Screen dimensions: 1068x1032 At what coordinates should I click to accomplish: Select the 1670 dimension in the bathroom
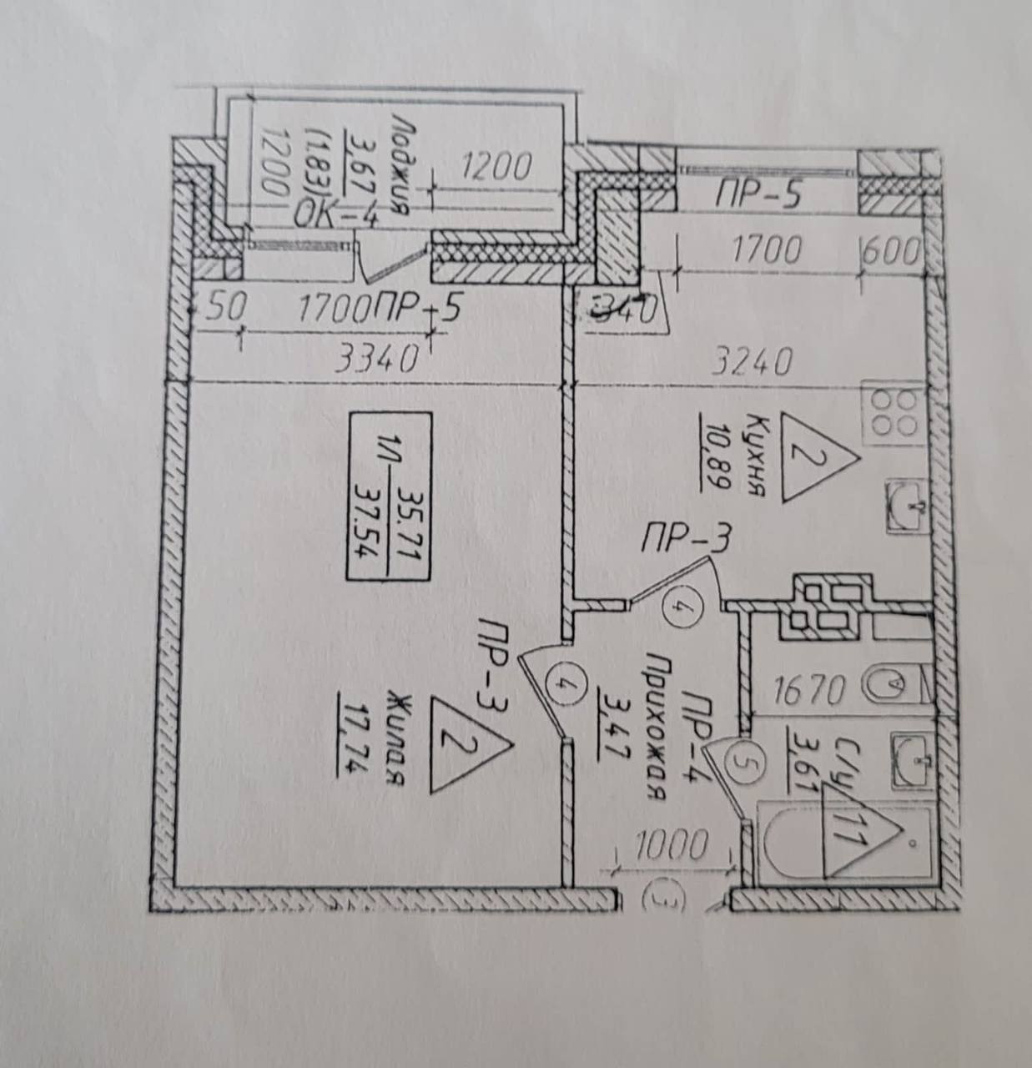810,690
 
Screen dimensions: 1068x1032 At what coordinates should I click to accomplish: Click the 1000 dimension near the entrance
672,846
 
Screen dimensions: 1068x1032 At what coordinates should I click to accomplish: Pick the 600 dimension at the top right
892,251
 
